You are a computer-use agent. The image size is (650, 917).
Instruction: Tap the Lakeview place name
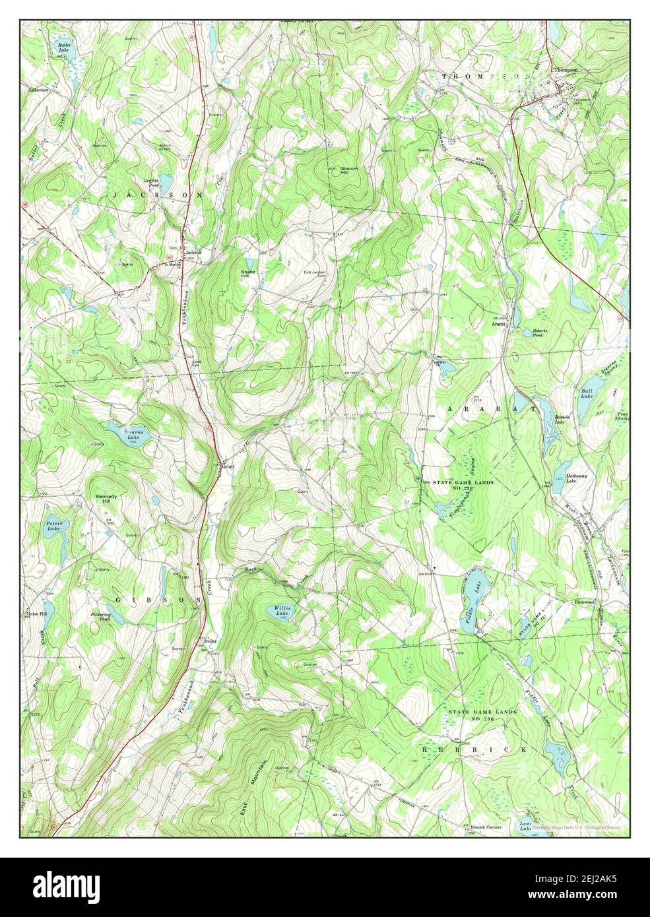(x=39, y=88)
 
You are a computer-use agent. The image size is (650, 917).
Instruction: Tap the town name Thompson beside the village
(x=566, y=69)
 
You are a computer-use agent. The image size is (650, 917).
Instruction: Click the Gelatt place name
(x=228, y=466)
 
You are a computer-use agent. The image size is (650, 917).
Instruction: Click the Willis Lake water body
(x=282, y=611)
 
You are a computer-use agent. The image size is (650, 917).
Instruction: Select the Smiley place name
(x=210, y=641)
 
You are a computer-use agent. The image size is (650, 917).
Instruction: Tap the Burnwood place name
(x=585, y=602)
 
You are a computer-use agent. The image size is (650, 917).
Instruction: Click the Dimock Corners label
(x=486, y=827)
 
